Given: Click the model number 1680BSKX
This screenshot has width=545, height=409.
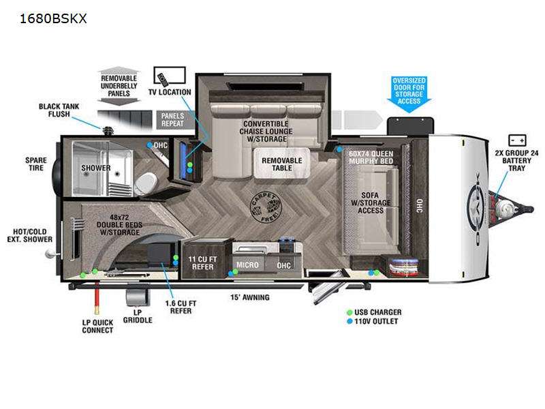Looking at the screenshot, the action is point(53,18).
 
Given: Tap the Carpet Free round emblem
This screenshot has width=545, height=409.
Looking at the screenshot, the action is point(266,207).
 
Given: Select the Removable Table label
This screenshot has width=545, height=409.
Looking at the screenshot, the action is point(282,164).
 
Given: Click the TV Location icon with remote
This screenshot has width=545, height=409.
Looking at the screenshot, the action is point(170,76).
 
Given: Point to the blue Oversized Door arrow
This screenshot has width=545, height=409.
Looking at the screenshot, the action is point(409,94).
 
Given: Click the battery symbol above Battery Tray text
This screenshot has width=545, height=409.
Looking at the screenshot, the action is point(517,140).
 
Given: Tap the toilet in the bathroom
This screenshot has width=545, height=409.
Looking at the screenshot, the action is point(146,183).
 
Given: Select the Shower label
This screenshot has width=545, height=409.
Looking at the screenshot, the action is point(96,168).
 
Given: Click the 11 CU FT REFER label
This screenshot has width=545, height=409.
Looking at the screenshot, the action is point(202,263).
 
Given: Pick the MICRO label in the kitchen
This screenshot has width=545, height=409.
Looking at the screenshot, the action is point(247,265).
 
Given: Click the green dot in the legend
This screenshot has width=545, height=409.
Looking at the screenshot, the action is point(349,312).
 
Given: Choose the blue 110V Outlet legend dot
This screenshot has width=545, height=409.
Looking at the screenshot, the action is point(349,321).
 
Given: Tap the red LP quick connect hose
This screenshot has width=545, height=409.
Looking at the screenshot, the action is point(97,299).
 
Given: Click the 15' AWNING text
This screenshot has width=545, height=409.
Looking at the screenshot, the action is point(250,297).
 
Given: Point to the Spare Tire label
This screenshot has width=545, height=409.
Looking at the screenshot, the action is point(36,164).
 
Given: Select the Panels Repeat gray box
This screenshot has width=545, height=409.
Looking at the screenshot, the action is point(172,120).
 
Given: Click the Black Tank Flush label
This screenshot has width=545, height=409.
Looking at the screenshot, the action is point(59,110).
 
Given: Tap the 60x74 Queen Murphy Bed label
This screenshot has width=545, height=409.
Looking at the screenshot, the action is point(371,157).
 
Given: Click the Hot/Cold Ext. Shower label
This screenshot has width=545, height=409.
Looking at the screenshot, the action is point(30,235).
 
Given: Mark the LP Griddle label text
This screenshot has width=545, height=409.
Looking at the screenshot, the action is point(138,316).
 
